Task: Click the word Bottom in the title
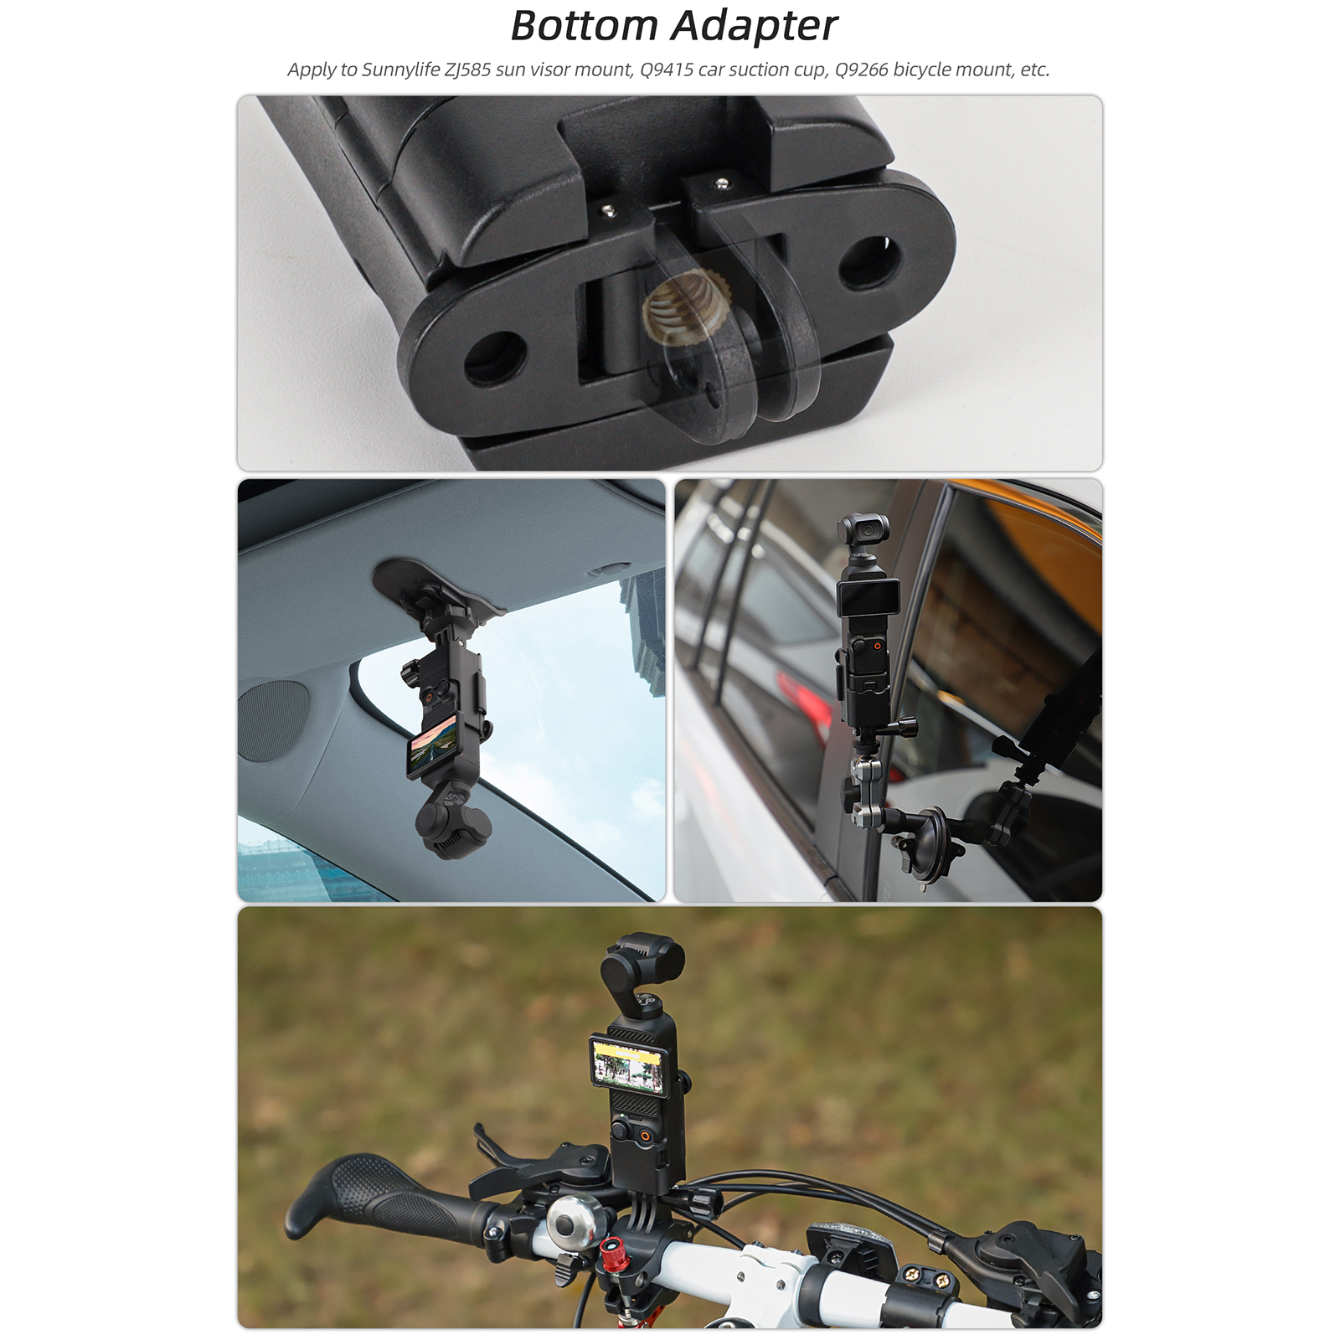pyautogui.click(x=585, y=25)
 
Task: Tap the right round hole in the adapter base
pyautogui.click(x=871, y=262)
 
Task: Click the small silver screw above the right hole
pyautogui.click(x=720, y=179)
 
